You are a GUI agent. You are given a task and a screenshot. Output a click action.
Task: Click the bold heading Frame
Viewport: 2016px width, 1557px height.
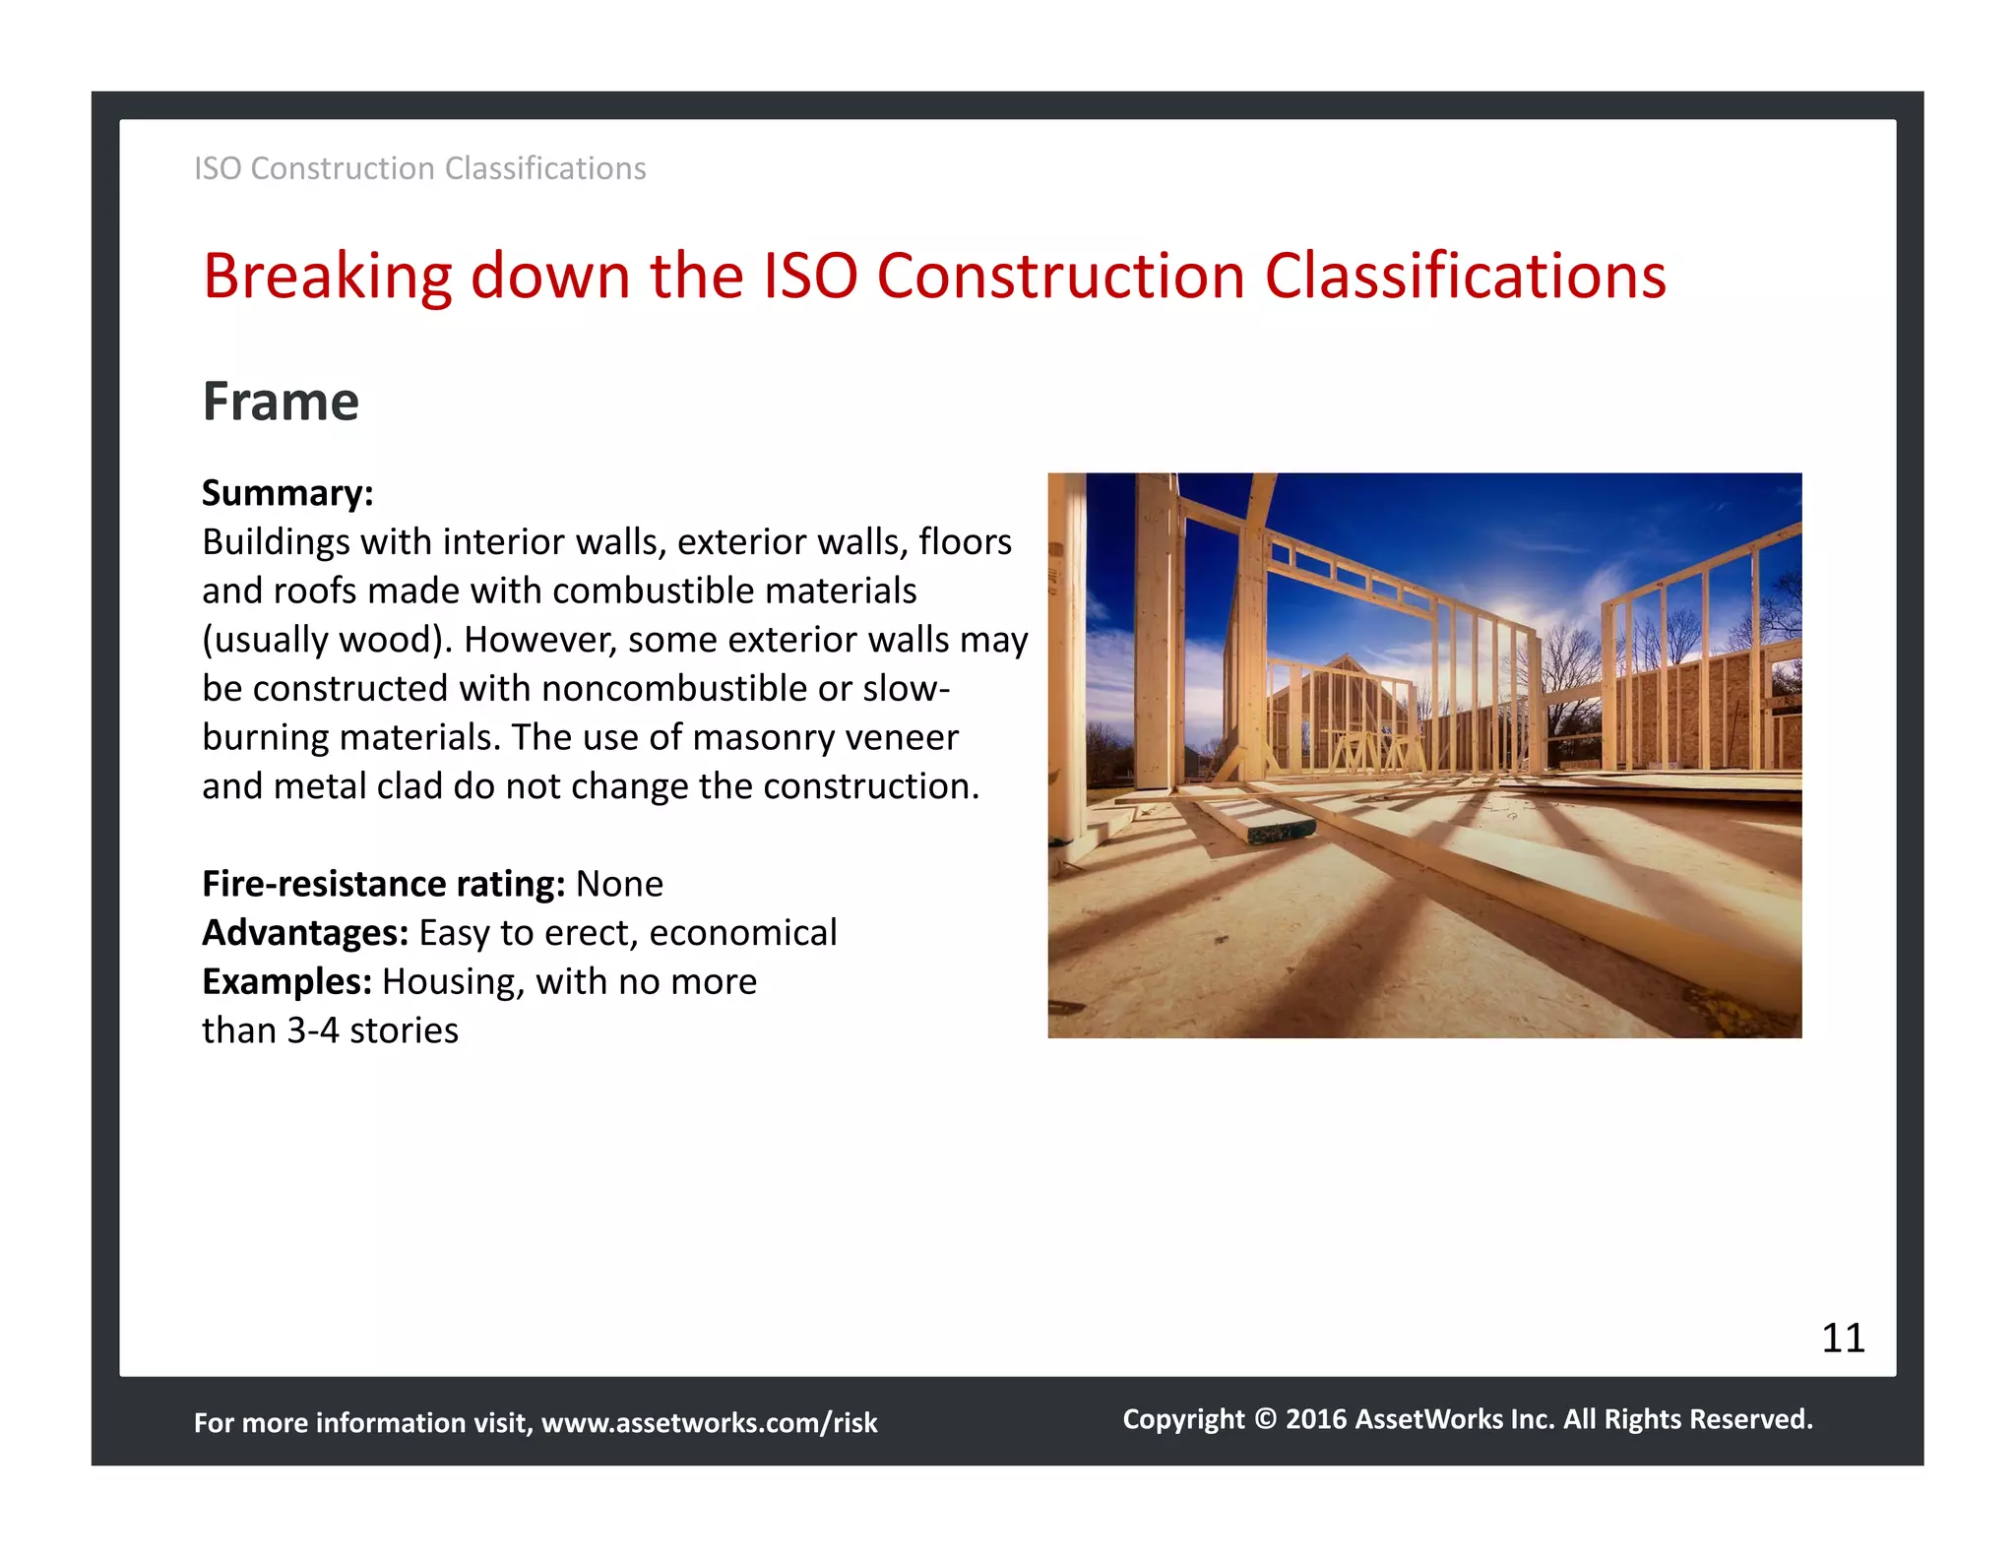281,402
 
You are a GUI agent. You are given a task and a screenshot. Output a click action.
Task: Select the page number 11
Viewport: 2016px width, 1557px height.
1843,1338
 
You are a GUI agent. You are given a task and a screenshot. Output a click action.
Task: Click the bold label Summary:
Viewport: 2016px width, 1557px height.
287,493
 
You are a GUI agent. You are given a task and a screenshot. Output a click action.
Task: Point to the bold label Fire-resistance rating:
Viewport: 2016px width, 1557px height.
383,884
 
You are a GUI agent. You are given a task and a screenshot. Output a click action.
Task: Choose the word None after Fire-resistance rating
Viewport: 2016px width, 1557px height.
619,884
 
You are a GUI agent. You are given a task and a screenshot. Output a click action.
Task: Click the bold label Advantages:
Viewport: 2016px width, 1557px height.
305,933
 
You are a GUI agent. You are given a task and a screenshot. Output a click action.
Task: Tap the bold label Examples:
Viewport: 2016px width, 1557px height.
286,981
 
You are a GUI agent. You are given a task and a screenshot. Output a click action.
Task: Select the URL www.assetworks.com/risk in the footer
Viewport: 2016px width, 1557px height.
709,1422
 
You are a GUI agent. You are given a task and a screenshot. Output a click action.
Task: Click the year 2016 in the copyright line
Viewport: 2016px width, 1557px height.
1316,1418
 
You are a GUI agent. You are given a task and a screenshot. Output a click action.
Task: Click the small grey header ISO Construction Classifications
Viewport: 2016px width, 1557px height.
420,168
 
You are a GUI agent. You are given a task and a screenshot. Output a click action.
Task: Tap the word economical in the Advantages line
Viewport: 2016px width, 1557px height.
743,933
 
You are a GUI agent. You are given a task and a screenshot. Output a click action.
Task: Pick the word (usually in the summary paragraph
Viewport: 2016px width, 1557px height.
266,640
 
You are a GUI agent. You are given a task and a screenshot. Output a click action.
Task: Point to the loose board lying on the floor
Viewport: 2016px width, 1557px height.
1270,823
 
